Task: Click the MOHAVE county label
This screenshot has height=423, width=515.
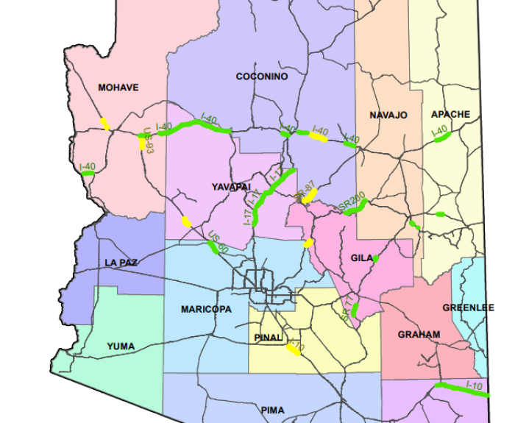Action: tap(118, 88)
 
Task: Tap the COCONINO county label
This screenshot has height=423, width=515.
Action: tap(262, 77)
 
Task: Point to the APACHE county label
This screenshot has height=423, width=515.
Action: tap(450, 114)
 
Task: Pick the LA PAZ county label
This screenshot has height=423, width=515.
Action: tap(121, 262)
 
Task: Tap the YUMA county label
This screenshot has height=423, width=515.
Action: tap(121, 346)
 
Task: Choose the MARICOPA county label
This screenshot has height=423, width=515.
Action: tap(206, 310)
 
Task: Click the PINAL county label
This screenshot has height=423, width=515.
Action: tap(269, 337)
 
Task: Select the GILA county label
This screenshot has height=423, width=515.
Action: tap(362, 258)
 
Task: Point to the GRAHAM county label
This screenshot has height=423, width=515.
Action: tap(419, 334)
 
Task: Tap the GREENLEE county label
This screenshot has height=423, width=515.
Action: tap(469, 308)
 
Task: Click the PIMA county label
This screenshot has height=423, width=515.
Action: tap(273, 409)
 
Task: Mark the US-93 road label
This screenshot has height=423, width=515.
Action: tap(148, 141)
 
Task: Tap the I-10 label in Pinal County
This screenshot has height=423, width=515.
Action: tap(296, 344)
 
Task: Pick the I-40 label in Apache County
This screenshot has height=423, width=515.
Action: tap(439, 132)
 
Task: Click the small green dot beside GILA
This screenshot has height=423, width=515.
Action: tap(375, 258)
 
